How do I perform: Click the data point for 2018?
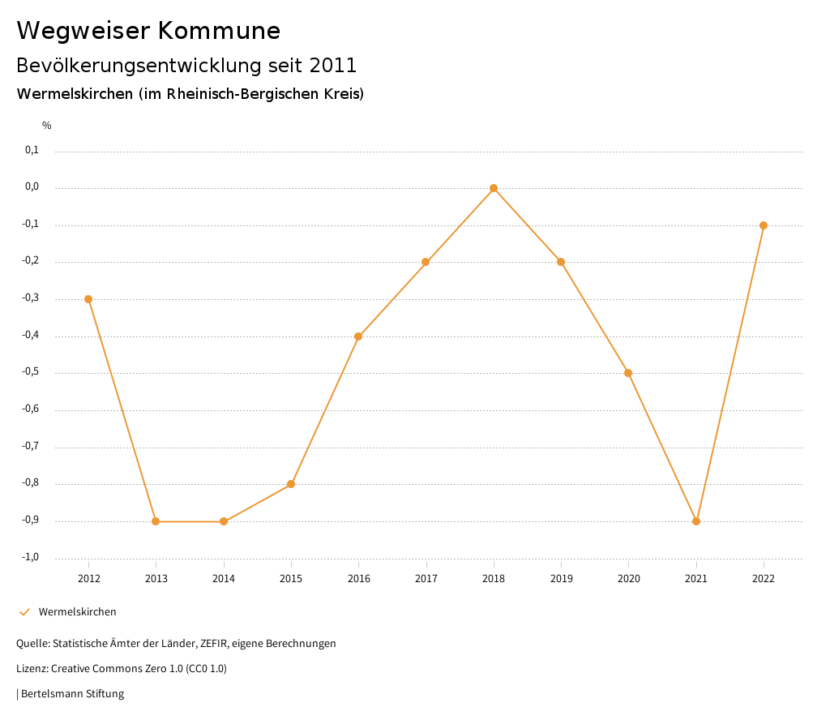point(494,188)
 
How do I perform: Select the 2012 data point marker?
point(88,299)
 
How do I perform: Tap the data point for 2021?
point(696,521)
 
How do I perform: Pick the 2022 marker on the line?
point(764,225)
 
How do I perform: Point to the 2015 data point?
point(291,484)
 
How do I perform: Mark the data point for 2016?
point(358,336)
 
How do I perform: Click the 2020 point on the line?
point(628,373)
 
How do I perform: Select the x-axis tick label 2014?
point(224,578)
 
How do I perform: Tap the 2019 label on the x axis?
point(561,578)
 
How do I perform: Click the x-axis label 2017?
point(426,578)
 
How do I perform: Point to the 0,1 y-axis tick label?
point(32,150)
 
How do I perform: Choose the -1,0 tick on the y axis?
point(30,557)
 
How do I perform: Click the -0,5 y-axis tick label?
point(30,372)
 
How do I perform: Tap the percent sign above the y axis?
point(47,126)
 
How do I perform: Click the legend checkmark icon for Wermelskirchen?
point(24,612)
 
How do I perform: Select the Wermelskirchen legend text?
point(78,612)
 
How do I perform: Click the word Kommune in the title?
point(219,31)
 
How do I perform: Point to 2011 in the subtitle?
point(333,65)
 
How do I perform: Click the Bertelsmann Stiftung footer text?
point(72,694)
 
